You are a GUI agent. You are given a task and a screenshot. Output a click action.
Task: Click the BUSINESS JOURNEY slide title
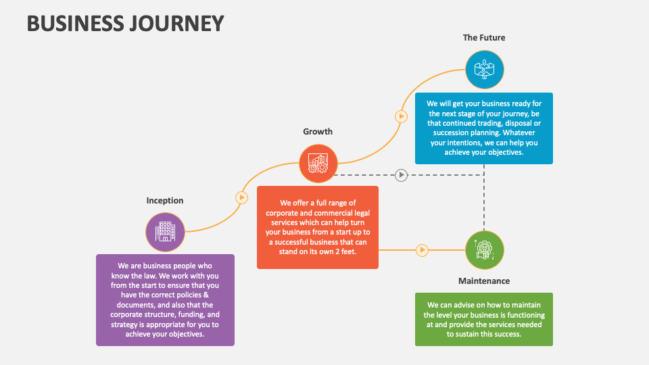(125, 23)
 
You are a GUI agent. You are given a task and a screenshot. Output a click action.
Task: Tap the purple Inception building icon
(165, 232)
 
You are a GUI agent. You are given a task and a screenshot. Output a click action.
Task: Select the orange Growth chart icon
(318, 163)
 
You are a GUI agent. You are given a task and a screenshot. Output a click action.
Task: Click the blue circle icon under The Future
(484, 69)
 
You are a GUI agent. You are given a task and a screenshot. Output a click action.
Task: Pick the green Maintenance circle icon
(484, 250)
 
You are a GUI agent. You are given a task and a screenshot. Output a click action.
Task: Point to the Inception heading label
(165, 200)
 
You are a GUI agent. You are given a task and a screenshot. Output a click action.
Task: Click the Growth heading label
(318, 131)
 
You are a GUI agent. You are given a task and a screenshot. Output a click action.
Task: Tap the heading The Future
(484, 38)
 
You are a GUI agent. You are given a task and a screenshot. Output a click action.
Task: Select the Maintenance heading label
(484, 281)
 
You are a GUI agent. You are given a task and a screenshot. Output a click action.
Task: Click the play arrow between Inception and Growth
(241, 197)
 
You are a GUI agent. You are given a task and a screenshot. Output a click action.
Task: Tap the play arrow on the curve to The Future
(401, 116)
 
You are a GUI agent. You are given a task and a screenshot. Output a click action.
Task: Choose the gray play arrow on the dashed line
(401, 175)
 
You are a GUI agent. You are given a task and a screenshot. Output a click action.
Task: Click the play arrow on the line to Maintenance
(422, 250)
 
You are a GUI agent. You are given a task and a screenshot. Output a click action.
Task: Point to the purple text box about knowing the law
(165, 299)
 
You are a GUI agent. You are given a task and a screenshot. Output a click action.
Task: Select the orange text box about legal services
(318, 226)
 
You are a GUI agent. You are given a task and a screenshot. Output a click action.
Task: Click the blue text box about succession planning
(484, 128)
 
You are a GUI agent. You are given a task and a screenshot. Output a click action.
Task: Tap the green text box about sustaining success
(484, 319)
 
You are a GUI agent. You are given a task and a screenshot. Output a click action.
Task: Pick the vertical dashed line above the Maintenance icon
(484, 203)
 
